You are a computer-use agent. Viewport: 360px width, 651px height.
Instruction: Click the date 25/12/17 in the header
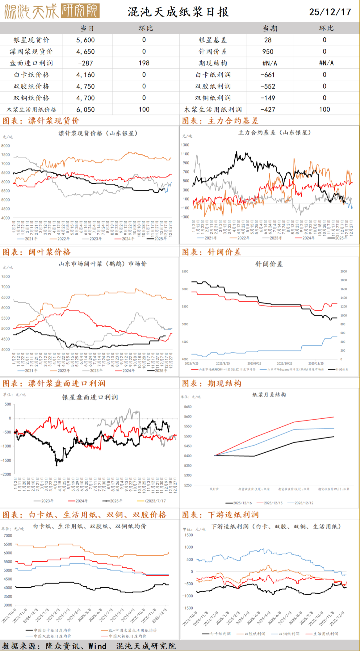point(330,12)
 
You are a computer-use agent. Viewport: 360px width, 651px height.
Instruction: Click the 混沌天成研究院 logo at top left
point(52,11)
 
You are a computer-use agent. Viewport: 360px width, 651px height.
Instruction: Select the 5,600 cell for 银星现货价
point(86,40)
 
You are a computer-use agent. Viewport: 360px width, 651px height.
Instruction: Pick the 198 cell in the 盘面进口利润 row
point(144,63)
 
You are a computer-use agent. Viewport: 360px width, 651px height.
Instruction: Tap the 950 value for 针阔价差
point(268,51)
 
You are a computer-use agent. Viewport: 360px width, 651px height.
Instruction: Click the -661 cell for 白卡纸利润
point(268,75)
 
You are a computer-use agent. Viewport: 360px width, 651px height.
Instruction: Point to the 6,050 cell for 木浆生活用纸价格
point(86,110)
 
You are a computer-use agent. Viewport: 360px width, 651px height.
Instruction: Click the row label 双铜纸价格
point(31,98)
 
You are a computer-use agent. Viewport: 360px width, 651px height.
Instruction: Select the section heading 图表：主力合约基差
point(220,121)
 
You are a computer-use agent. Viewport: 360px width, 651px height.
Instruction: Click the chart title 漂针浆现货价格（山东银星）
point(98,133)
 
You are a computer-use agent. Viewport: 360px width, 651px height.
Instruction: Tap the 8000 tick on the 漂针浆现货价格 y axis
point(6,146)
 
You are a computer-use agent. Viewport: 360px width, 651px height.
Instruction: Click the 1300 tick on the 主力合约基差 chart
point(185,145)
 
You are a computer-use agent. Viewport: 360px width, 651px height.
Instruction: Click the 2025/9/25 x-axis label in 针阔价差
point(254,364)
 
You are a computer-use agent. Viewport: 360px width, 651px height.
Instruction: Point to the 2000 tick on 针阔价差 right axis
point(344,271)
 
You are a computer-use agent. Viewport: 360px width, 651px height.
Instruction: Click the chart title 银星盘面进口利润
point(90,397)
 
